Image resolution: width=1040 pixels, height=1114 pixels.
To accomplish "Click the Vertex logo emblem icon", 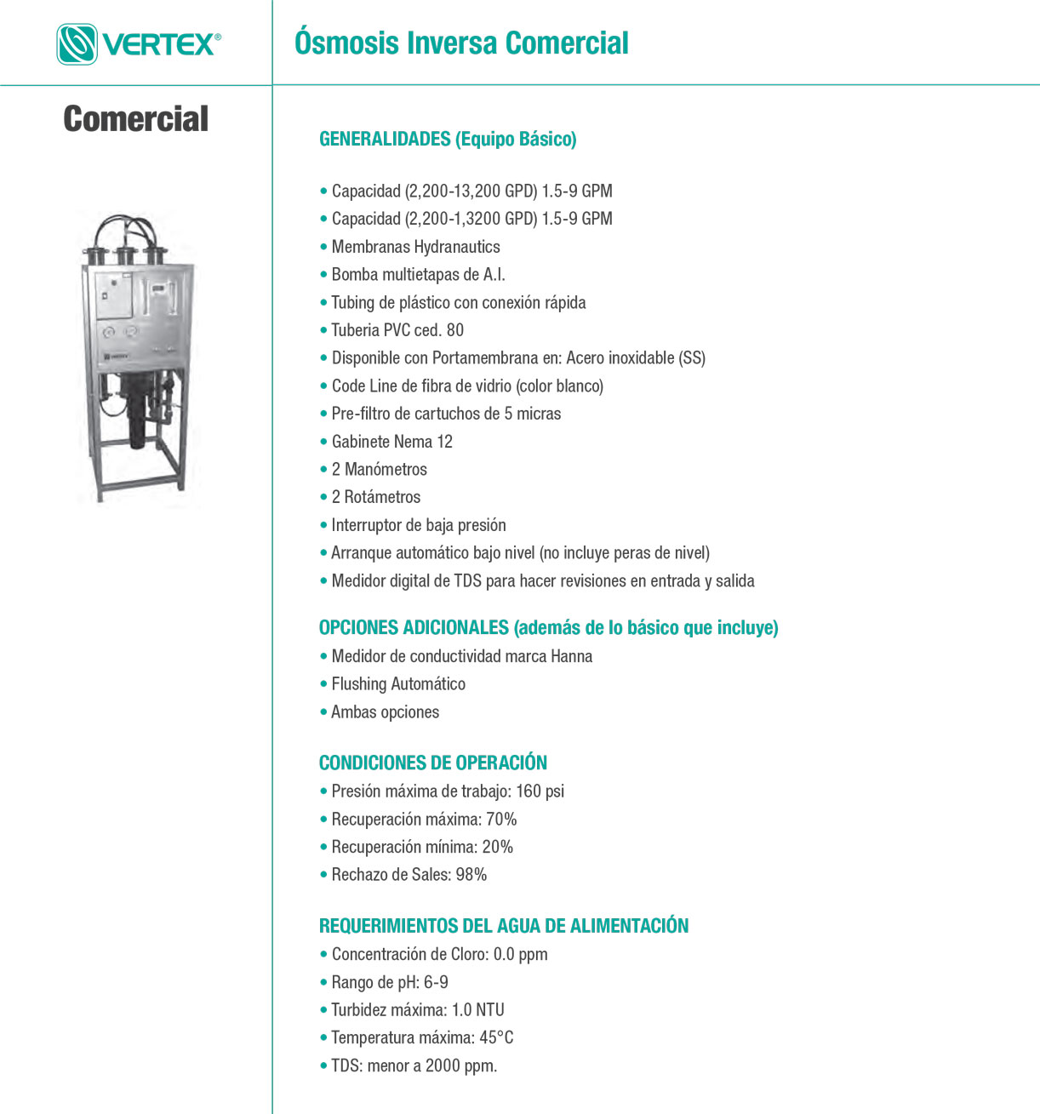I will (x=77, y=44).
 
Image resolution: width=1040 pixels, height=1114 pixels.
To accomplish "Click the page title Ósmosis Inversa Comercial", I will (x=461, y=43).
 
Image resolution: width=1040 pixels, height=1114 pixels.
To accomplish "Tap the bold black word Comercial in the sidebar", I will (x=136, y=119).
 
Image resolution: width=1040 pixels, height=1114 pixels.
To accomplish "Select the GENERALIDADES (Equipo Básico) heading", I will (x=448, y=139).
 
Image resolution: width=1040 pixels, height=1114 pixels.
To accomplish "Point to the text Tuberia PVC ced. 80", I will (x=397, y=330).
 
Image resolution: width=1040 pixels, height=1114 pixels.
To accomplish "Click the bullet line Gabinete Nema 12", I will (x=391, y=442).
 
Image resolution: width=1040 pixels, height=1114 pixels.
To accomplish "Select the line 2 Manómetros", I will (x=379, y=470).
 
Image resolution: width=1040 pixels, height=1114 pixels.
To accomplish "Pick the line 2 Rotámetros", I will (x=375, y=497).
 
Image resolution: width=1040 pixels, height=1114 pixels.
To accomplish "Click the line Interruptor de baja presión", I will (x=418, y=525).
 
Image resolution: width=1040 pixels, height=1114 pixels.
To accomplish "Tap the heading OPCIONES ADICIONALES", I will (x=414, y=628).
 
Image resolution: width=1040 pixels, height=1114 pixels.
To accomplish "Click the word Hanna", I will (x=571, y=656).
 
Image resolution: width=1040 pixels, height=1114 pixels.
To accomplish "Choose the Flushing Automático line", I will (x=398, y=684).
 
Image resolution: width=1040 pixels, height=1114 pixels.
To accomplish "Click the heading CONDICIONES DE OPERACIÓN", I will (x=432, y=763).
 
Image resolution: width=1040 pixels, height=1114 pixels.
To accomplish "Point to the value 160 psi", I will (x=540, y=791).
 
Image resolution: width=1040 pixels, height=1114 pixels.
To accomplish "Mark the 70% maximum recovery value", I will (x=501, y=820).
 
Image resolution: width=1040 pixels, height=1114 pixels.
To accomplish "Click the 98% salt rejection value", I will (x=471, y=875).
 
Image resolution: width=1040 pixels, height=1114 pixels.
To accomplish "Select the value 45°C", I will (x=496, y=1038).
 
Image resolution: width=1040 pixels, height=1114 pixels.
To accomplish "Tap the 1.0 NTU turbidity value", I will (x=477, y=1010).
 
